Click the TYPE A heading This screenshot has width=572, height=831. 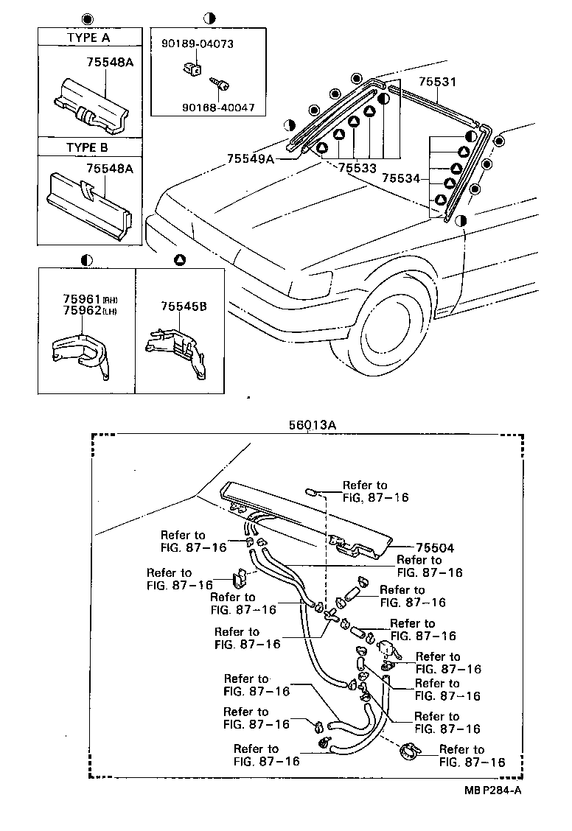88,37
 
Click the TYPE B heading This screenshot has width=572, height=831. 88,147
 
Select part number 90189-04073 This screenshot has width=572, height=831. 198,43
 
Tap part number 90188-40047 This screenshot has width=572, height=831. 218,108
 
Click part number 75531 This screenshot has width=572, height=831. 439,83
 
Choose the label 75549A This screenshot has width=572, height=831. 250,158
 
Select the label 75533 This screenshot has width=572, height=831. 357,169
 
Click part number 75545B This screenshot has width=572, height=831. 183,305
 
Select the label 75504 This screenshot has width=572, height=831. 434,547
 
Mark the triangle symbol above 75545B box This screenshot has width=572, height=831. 180,260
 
